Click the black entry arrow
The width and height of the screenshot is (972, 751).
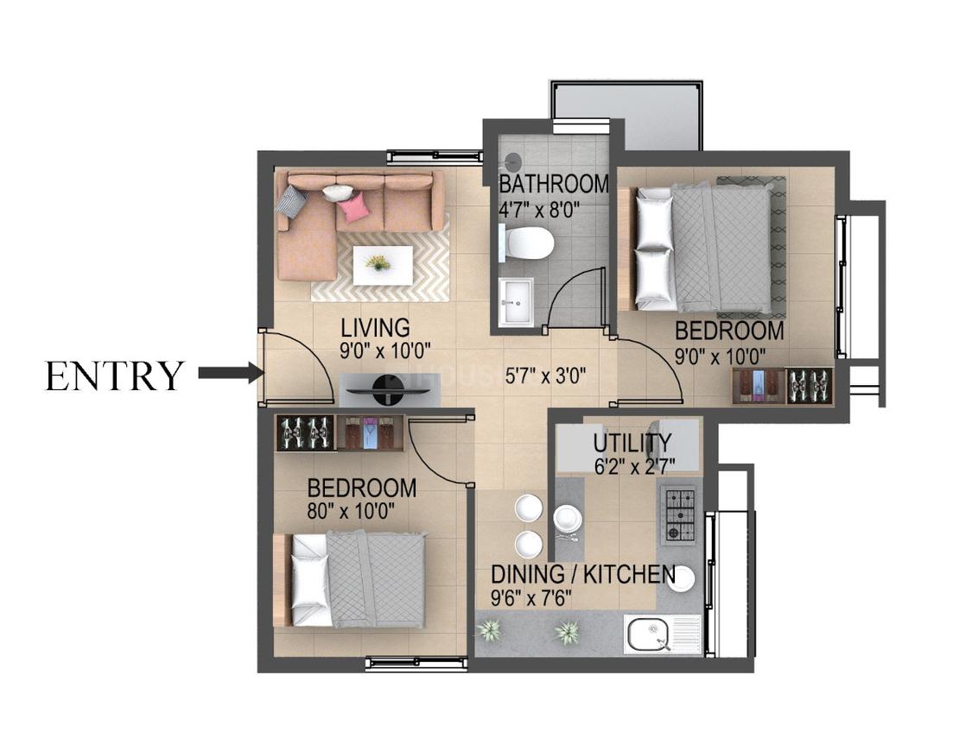[229, 373]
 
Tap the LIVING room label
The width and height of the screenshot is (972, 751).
[376, 327]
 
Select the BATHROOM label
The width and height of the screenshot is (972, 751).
[554, 184]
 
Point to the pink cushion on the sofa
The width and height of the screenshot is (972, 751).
[353, 207]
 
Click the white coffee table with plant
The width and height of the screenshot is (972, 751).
[383, 266]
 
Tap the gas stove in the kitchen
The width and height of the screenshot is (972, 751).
[680, 514]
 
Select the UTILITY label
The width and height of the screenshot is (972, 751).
[632, 444]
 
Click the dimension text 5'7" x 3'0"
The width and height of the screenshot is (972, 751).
[545, 375]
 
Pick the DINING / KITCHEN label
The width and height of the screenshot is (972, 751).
[583, 575]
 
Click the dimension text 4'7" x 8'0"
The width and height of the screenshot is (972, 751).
[538, 210]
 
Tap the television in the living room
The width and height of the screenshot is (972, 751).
[388, 391]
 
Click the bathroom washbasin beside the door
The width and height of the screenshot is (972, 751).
[516, 301]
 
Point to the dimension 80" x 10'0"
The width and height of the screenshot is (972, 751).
[351, 511]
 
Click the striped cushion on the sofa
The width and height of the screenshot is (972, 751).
[291, 199]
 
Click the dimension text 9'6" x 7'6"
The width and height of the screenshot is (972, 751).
[531, 598]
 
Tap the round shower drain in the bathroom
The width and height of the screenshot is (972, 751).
[512, 161]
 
